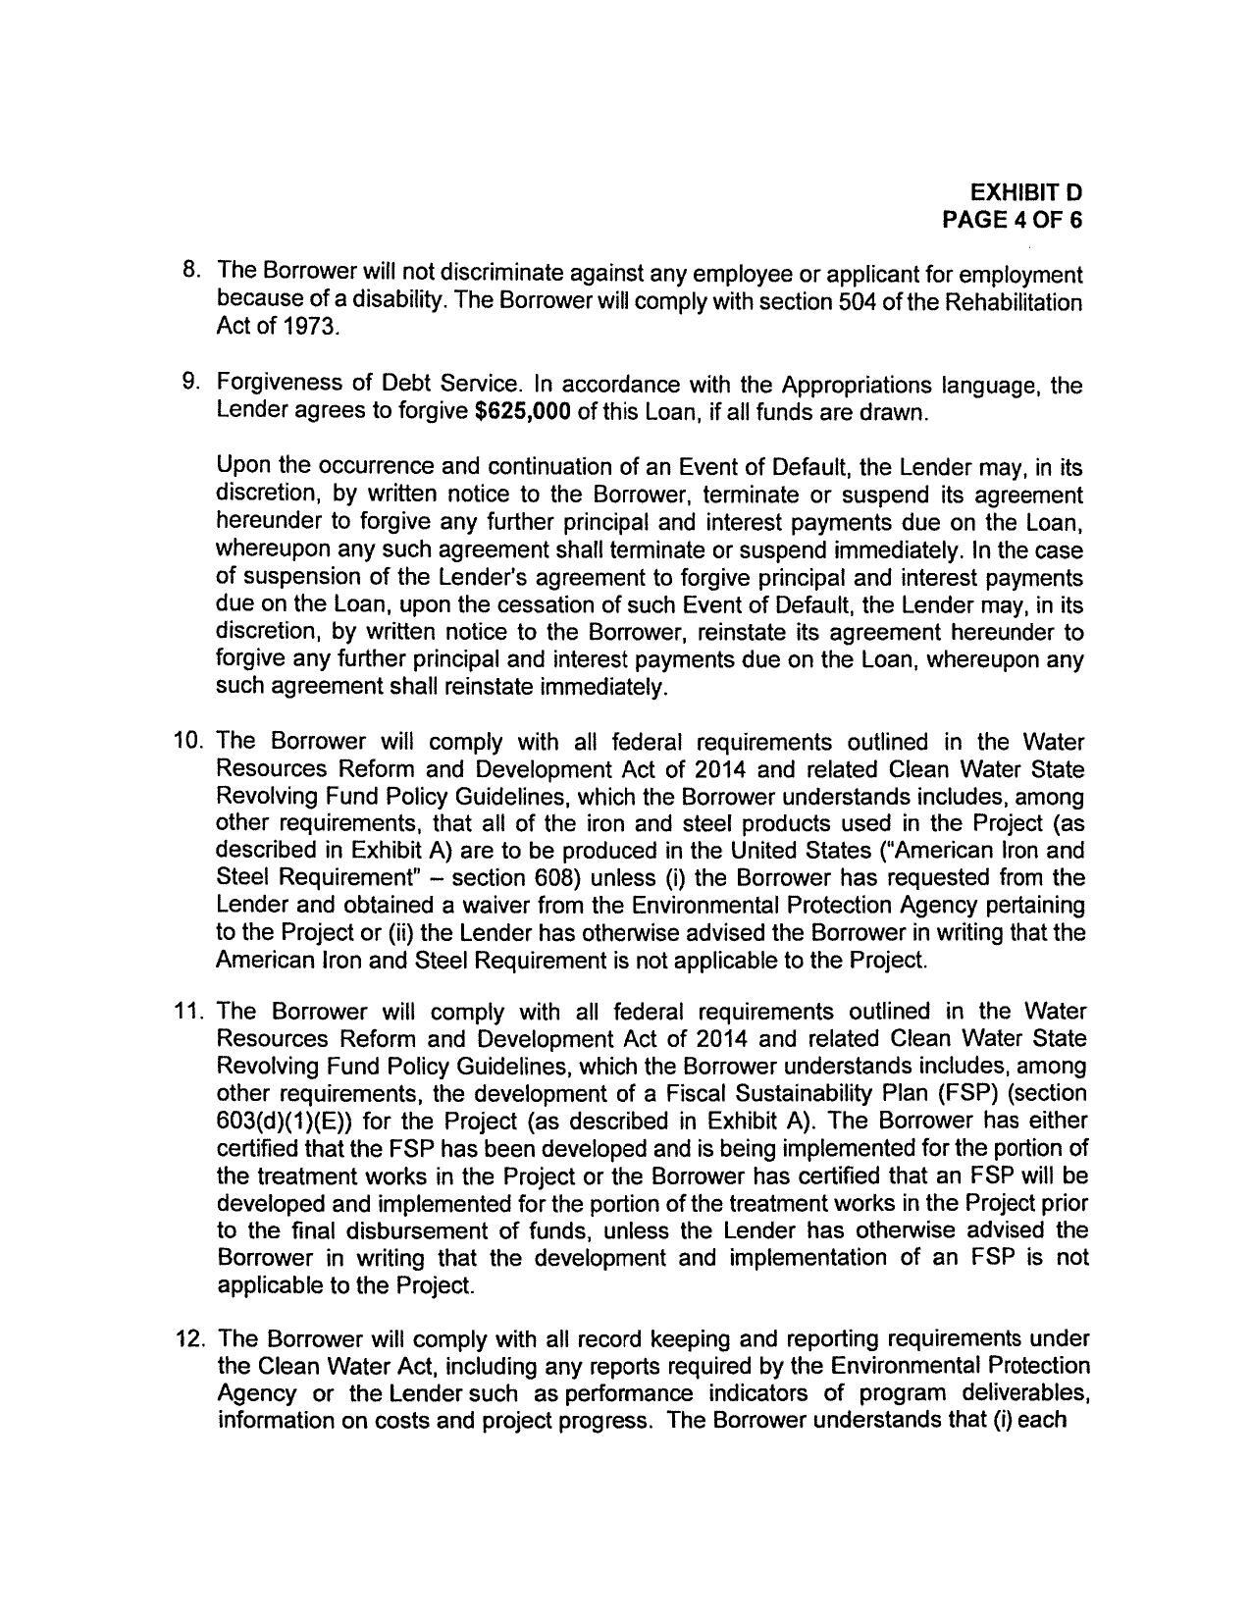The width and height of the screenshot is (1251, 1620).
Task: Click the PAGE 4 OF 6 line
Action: point(1012,220)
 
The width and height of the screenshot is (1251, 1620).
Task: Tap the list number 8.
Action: point(192,270)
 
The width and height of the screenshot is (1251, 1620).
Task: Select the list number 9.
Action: point(192,384)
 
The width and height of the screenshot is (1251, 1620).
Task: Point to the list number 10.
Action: point(187,741)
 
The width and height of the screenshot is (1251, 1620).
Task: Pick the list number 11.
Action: point(187,1012)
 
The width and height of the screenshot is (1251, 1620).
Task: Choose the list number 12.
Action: point(187,1339)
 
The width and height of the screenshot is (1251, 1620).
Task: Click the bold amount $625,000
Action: point(522,412)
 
